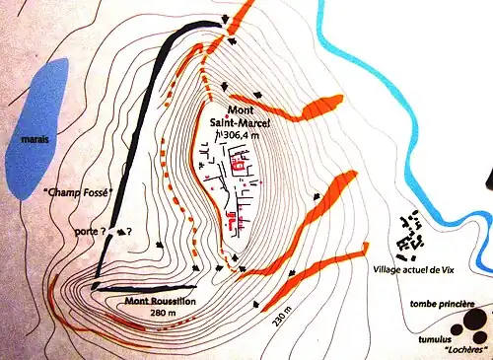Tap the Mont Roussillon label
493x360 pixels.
161,301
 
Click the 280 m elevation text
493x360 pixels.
161,313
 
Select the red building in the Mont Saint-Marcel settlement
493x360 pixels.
238,168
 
